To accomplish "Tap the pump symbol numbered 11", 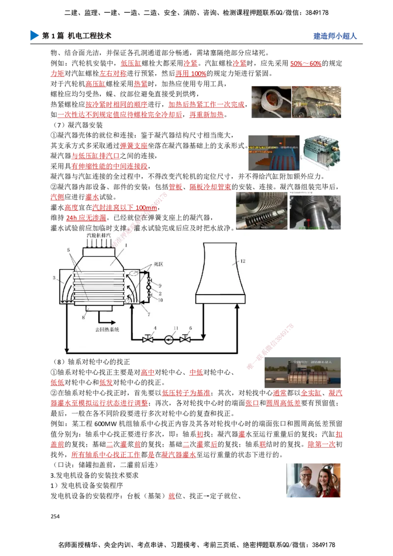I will tap(168, 339).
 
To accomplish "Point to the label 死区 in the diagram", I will tap(158, 264).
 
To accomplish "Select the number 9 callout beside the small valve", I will tap(159, 285).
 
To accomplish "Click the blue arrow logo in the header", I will tap(33, 35).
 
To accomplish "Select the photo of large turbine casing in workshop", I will tap(316, 102).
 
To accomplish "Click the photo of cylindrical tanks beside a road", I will tap(302, 373).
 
